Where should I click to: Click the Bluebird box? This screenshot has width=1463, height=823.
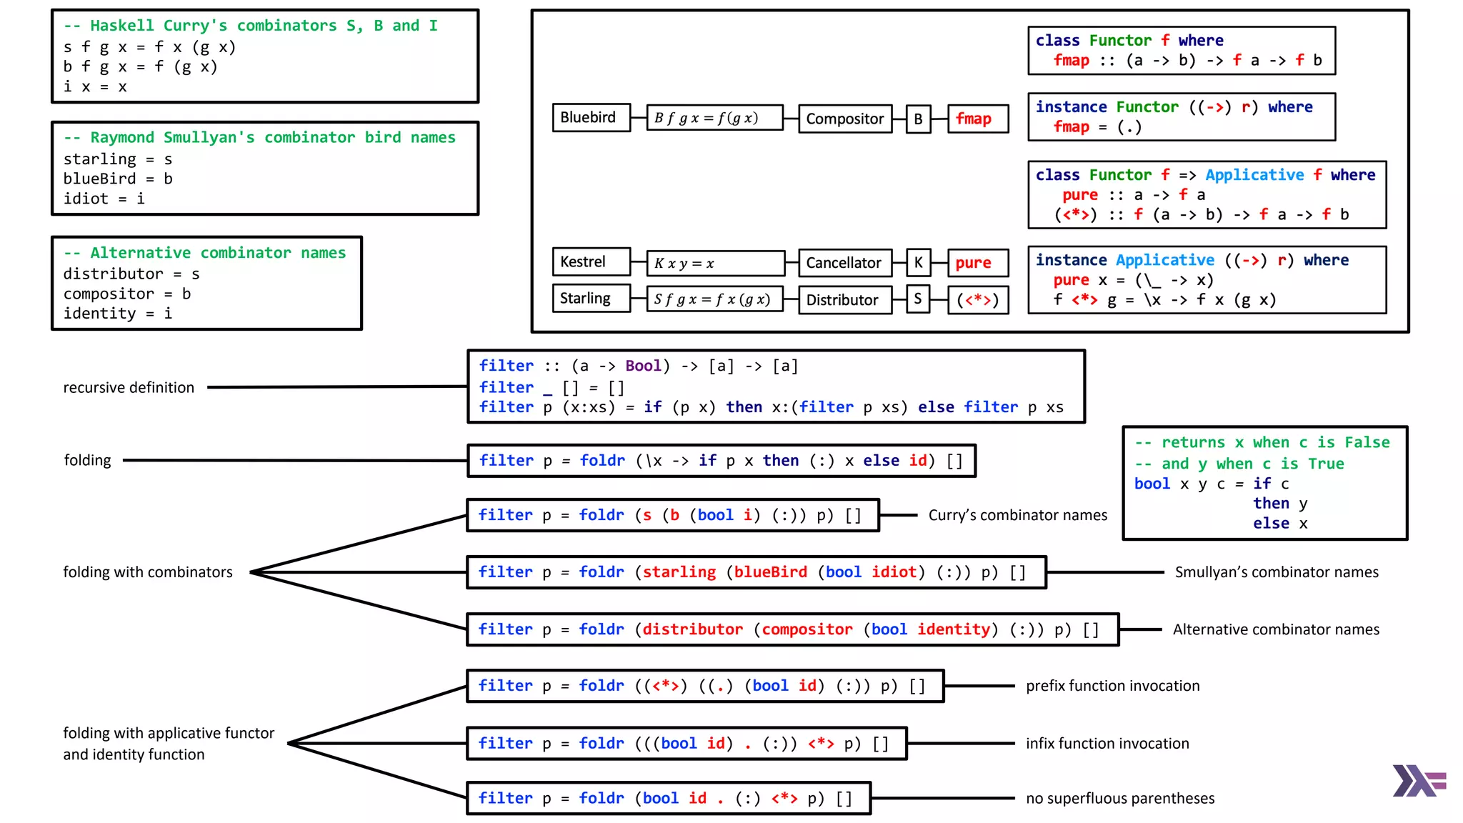pos(591,118)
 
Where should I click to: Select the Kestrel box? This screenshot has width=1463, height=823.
pos(591,262)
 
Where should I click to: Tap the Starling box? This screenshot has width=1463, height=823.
pos(591,299)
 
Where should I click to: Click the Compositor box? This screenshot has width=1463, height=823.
pos(844,119)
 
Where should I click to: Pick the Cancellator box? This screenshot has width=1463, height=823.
pos(844,263)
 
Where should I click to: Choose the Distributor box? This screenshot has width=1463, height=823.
pos(844,300)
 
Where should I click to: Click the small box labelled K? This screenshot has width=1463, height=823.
pos(918,263)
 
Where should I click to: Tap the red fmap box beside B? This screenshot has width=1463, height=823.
pos(977,119)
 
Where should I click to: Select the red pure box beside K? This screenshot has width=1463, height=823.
pos(977,263)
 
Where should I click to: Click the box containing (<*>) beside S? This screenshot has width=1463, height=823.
pos(977,300)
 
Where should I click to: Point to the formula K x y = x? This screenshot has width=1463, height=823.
pos(714,263)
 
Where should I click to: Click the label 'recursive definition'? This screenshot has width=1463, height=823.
pos(129,387)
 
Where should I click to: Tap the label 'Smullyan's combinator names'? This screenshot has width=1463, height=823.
pos(1277,572)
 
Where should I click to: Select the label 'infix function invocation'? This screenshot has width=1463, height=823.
pos(1107,744)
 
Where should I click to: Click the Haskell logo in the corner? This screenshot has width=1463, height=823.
pos(1418,781)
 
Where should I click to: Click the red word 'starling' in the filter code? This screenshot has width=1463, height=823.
pos(679,572)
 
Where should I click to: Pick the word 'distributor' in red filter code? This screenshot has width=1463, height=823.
pos(692,629)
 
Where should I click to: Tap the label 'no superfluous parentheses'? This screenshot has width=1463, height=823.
pos(1120,799)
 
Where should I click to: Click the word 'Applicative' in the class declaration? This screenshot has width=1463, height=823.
pos(1254,175)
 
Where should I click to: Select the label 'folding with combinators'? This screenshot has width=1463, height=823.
pos(148,572)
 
